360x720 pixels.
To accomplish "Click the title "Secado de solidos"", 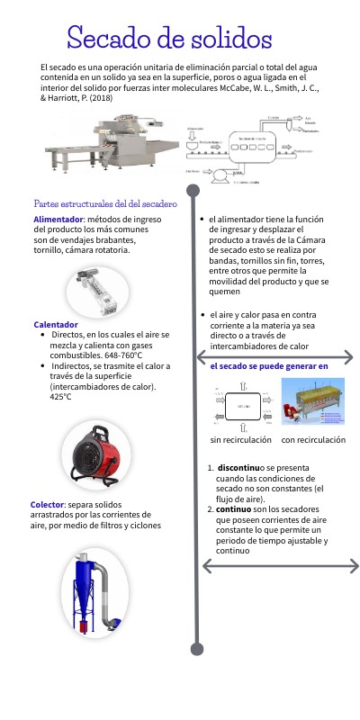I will (x=169, y=39).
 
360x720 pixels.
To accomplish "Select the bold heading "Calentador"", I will (x=56, y=325).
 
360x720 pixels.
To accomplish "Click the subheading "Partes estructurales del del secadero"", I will (x=105, y=204).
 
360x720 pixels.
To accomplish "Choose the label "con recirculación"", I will (x=313, y=440).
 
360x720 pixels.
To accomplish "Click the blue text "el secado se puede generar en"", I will (x=269, y=367).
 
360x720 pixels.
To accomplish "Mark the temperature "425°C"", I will (x=55, y=397).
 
